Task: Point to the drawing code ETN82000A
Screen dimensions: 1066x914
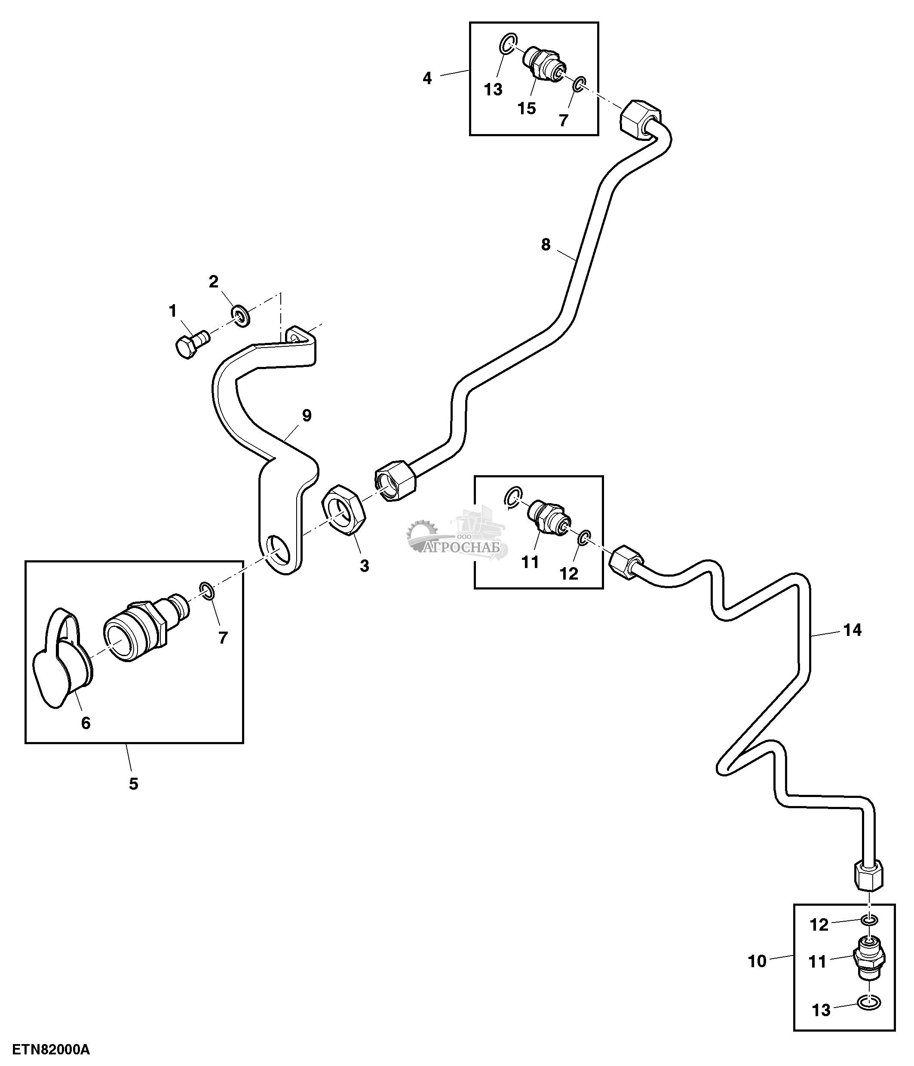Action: (51, 1048)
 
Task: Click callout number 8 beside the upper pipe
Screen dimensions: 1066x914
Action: (546, 245)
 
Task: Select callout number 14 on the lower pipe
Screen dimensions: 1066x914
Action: (852, 630)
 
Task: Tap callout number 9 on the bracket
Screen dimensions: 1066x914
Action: (307, 415)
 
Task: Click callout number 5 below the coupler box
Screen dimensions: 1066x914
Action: (133, 784)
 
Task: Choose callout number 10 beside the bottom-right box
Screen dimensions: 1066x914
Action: (757, 961)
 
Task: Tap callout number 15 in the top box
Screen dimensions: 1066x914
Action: (527, 109)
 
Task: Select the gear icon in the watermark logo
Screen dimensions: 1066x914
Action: (420, 533)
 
